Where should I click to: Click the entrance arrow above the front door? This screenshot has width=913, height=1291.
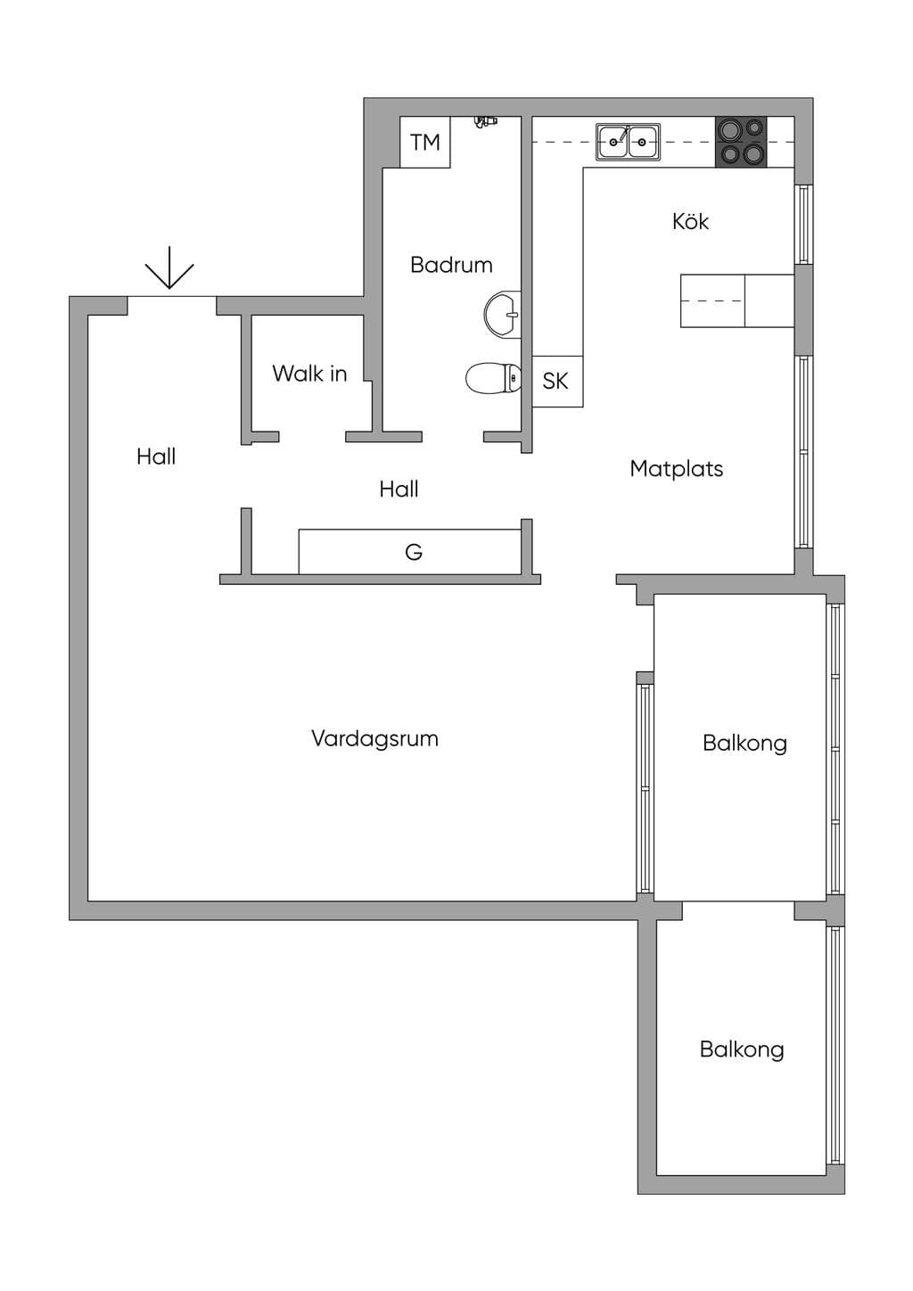[169, 267]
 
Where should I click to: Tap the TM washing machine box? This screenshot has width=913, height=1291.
[425, 142]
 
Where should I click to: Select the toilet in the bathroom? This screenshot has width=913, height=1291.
[493, 378]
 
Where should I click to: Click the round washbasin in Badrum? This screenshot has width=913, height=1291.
[503, 315]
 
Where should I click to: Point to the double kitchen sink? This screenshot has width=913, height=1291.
[629, 142]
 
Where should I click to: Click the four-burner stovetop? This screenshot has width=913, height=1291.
[741, 142]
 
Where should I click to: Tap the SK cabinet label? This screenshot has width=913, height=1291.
[555, 381]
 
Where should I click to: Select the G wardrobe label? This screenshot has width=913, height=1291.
[414, 552]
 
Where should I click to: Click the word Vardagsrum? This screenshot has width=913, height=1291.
[374, 738]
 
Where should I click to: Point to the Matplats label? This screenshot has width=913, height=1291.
[676, 469]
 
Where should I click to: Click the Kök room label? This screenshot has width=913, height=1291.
[690, 221]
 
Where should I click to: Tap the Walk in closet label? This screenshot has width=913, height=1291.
[309, 374]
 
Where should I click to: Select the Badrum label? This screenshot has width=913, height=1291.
[451, 265]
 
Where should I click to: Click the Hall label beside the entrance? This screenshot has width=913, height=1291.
[156, 456]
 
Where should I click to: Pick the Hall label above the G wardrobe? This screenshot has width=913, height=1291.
[399, 489]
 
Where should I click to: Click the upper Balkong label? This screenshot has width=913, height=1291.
[744, 744]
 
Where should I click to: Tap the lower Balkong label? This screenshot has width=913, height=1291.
[742, 1049]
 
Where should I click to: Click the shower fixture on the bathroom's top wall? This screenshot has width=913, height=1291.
[485, 121]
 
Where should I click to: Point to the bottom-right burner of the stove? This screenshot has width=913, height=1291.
[754, 153]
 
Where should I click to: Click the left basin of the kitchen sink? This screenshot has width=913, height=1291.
[613, 141]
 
